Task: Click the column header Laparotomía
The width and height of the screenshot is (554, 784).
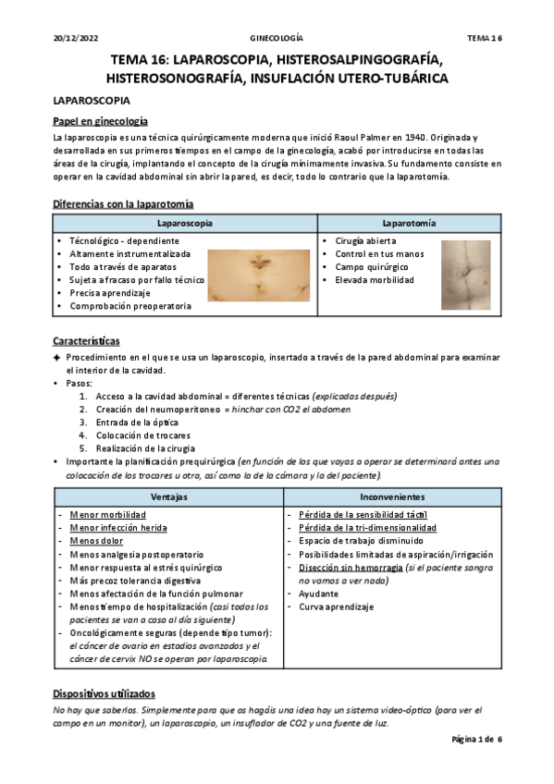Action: coord(409,224)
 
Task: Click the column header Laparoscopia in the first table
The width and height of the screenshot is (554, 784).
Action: coord(185,224)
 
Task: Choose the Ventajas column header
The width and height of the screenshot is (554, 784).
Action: coord(167,496)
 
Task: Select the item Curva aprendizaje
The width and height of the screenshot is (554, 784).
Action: coord(336,607)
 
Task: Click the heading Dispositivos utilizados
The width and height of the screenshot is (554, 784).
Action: coord(104,693)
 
